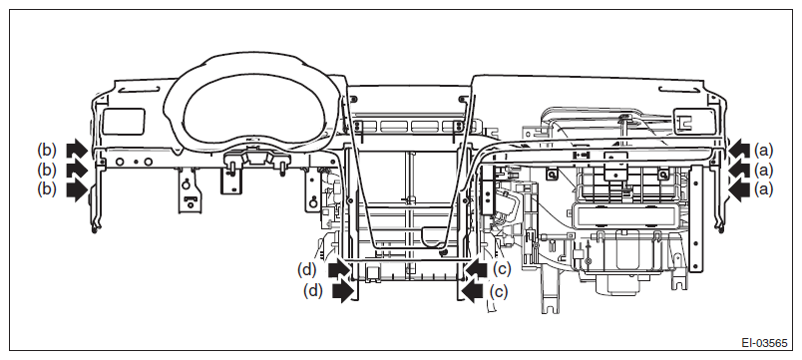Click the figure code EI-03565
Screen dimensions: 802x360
click(765, 343)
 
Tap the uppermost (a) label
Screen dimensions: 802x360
click(764, 150)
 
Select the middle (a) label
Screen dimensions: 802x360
click(764, 170)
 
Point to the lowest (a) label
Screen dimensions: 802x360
click(764, 189)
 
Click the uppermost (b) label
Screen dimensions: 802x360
click(47, 150)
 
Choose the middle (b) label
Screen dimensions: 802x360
click(47, 169)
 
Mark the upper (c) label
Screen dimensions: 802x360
click(502, 269)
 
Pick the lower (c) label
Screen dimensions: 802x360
click(499, 291)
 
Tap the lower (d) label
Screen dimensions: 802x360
click(313, 291)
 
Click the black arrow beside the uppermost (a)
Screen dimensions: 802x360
click(738, 150)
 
